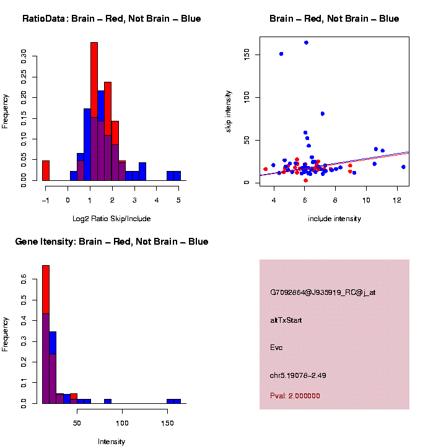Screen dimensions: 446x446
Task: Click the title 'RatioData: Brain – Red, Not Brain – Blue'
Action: coord(111,19)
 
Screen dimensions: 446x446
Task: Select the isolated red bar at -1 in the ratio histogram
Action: coord(46,170)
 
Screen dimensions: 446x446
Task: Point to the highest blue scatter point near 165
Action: coord(306,43)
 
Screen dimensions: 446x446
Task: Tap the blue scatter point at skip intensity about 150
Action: coord(281,54)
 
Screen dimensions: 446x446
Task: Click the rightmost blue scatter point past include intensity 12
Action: coord(403,167)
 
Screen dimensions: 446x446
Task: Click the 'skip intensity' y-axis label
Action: coord(228,110)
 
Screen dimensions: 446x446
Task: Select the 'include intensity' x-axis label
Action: coord(334,219)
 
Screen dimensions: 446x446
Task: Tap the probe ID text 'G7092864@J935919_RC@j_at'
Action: coord(323,292)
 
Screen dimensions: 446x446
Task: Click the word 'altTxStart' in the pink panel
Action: coord(286,320)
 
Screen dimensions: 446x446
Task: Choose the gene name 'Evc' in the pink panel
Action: coord(276,348)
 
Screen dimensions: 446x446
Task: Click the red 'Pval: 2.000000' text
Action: coord(295,396)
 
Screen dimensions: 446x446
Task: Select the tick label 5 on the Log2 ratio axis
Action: coord(178,199)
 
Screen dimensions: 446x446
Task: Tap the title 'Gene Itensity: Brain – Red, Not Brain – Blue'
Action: coord(111,242)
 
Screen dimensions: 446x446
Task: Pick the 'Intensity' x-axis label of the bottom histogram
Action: coord(111,442)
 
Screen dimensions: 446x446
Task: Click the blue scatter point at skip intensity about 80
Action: coord(323,114)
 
